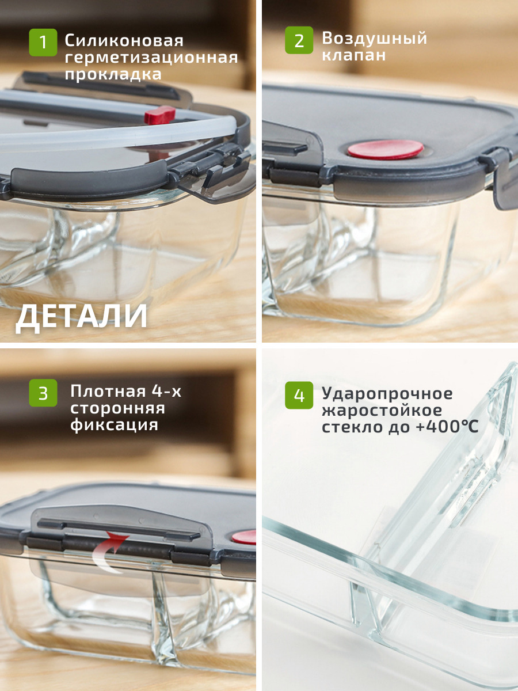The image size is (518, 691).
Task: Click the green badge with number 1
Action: coord(43,43)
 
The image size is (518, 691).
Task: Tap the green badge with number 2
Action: coord(299,40)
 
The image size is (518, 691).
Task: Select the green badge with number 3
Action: coord(43,393)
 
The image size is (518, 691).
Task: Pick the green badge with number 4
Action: coord(299,395)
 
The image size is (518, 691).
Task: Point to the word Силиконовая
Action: coord(124,41)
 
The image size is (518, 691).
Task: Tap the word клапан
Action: coord(353,55)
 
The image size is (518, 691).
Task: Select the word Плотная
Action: coord(108,392)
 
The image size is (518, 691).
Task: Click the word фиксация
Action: coord(114,425)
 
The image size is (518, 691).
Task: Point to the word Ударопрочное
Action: coord(387,394)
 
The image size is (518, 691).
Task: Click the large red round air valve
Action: coord(386,149)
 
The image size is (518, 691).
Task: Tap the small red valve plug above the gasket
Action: coord(160,114)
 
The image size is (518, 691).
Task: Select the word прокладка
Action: coord(113,75)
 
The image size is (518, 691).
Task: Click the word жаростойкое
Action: coord(382,411)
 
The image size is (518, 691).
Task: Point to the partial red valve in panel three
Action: coord(245,537)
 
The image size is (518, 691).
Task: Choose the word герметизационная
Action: coord(151,58)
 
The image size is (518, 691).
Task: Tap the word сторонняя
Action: coord(117,408)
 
